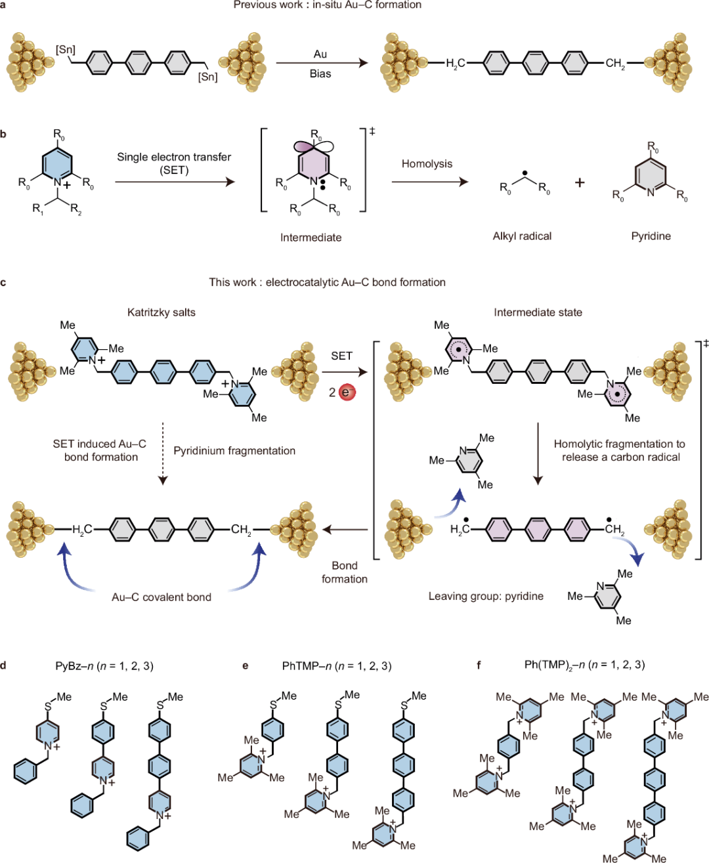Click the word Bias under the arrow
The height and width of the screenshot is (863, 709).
[320, 74]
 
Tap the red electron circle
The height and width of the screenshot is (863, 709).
[347, 392]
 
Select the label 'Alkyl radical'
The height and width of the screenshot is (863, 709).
[522, 236]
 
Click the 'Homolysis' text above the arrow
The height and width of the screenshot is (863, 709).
[427, 163]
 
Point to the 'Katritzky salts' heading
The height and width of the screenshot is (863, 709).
[161, 312]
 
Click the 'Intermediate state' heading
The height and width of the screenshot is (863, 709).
[538, 312]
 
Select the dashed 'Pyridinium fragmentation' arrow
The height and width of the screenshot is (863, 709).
[163, 453]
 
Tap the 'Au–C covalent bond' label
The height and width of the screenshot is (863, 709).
[161, 597]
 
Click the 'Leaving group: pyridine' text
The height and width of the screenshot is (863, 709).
[486, 596]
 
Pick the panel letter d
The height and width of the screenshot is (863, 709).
[4, 665]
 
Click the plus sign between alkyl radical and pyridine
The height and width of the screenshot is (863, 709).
[579, 182]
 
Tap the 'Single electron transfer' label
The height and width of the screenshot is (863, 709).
[174, 157]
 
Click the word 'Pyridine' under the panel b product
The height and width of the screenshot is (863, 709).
[651, 236]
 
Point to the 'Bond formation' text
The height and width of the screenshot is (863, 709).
[344, 572]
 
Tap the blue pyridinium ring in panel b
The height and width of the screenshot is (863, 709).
[57, 163]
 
